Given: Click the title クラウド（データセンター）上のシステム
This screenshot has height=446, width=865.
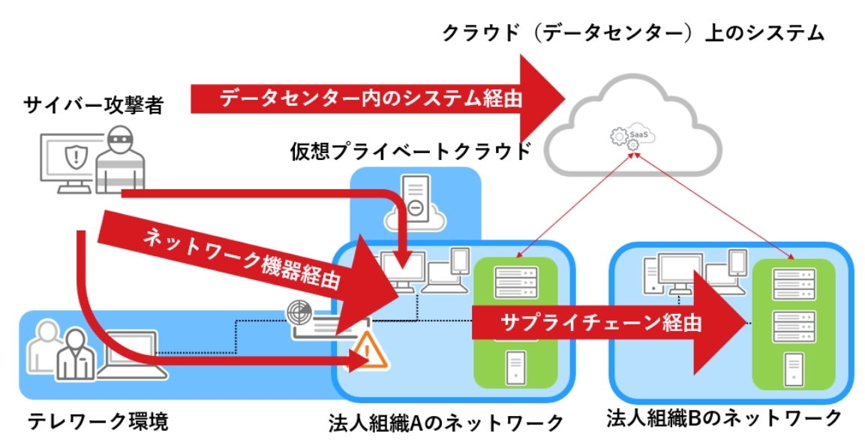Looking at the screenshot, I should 633,33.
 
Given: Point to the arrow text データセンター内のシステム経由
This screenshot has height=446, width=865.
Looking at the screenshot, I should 371,98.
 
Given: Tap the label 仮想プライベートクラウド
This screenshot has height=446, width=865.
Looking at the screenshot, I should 410,152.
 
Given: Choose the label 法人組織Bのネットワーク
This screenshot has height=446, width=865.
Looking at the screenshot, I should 724,418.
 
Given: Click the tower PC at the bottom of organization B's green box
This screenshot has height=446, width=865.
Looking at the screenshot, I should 794,370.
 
